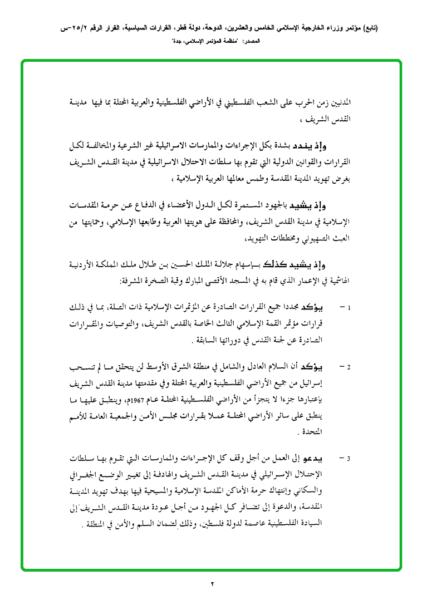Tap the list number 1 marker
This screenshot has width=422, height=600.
click(x=349, y=307)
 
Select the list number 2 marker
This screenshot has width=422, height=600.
click(x=349, y=368)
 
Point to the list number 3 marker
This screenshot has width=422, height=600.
click(x=349, y=459)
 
